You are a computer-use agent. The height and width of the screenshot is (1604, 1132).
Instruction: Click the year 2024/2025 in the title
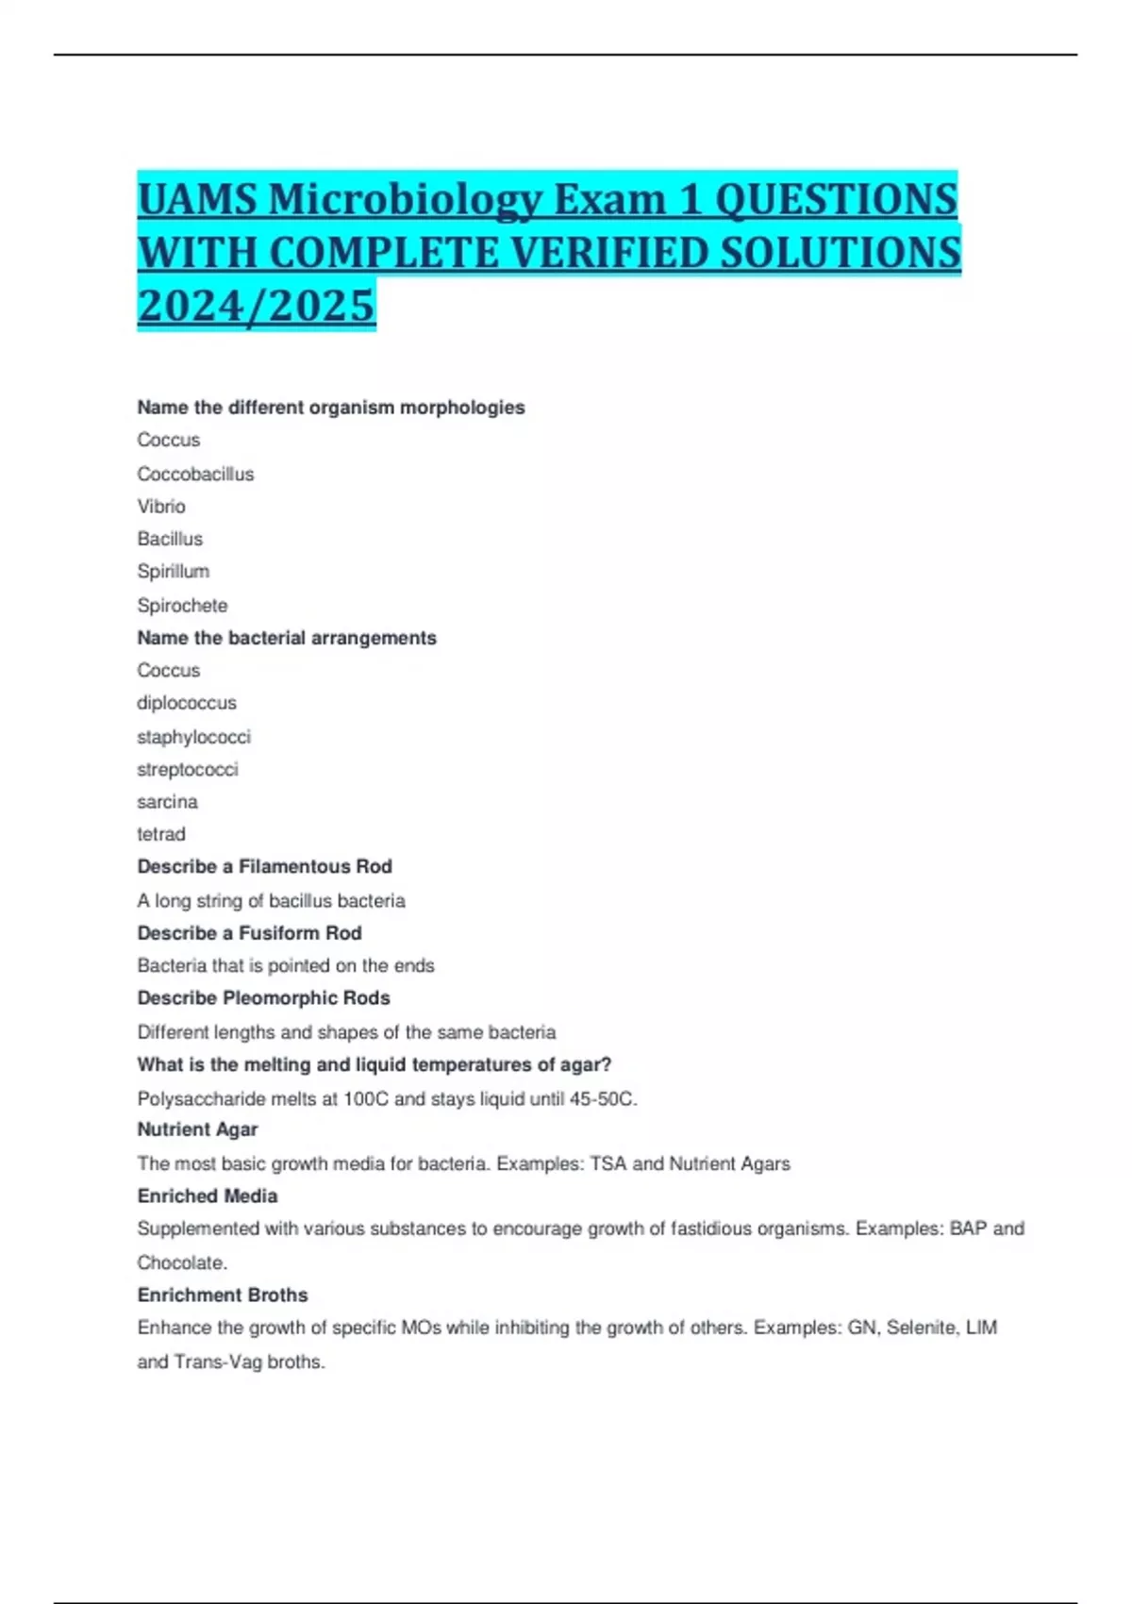coord(256,305)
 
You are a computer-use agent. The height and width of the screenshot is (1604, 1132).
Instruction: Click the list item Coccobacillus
coord(195,474)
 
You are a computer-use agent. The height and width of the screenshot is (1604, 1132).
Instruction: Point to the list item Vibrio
coord(161,507)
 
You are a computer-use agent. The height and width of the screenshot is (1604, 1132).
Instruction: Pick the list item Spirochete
coord(182,605)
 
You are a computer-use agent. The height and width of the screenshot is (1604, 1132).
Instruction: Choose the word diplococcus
coord(187,703)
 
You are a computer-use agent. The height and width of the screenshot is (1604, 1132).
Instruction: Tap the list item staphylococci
coord(193,736)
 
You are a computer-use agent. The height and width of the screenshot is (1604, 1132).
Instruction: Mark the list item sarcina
coord(167,802)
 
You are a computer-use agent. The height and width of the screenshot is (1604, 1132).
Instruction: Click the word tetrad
coord(161,834)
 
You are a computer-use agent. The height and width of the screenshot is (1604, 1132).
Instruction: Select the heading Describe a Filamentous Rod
coord(264,866)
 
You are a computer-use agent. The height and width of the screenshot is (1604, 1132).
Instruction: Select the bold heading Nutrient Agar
coord(197,1129)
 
